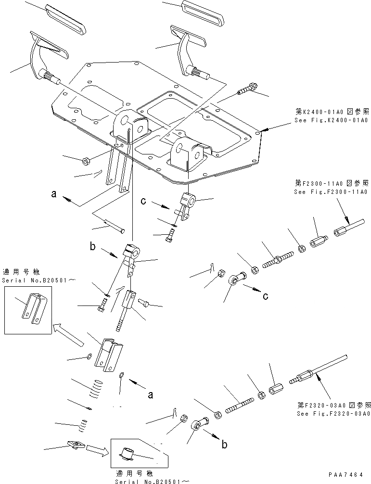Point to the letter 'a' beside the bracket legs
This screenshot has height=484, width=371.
54,194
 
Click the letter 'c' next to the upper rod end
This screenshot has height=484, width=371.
265,296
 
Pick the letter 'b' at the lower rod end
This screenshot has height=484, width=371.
224,445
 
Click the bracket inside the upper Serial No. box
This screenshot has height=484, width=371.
32,308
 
